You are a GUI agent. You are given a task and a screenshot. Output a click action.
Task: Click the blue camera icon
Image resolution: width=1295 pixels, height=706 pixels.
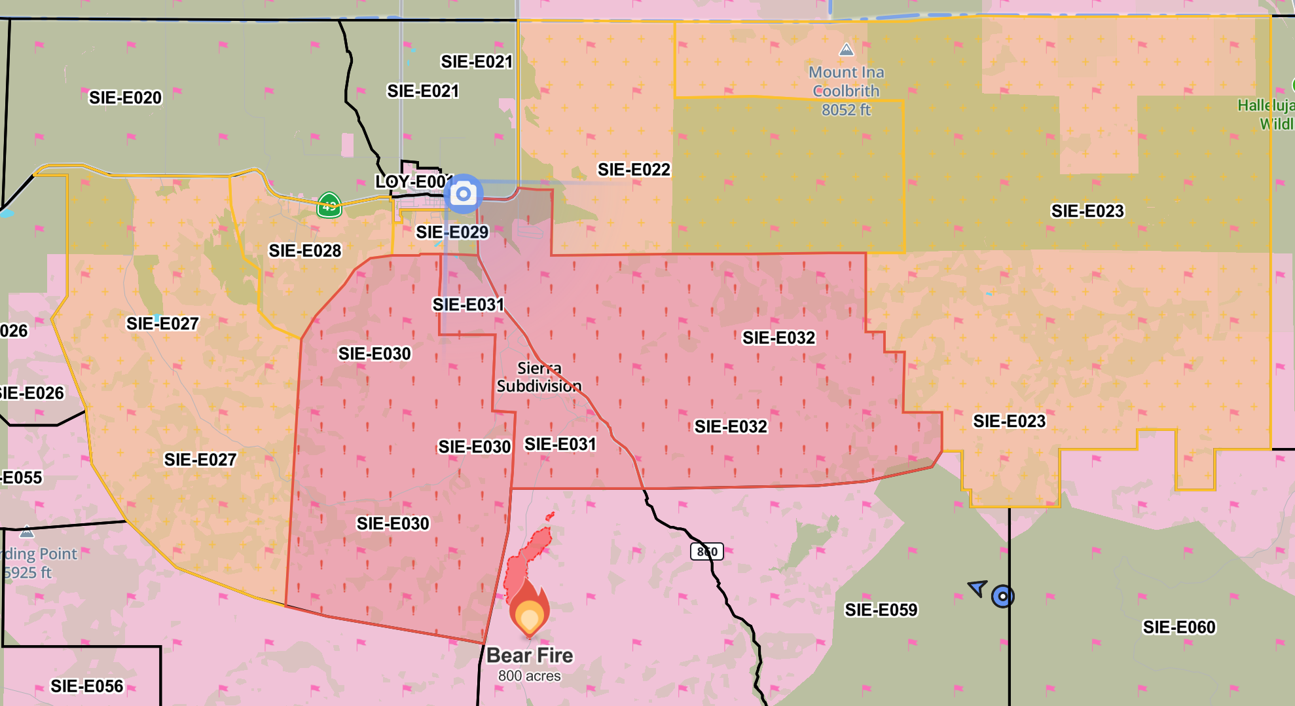464,194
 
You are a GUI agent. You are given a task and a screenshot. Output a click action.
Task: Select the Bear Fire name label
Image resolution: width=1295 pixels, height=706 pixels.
530,655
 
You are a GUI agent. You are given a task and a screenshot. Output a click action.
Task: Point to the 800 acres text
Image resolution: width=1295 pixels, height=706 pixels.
530,676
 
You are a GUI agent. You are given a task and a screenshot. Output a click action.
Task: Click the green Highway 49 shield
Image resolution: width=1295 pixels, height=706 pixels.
329,205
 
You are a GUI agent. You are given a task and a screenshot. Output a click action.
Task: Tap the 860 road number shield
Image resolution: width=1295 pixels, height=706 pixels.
707,551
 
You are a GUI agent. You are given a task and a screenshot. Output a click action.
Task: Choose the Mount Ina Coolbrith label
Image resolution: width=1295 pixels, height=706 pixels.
846,81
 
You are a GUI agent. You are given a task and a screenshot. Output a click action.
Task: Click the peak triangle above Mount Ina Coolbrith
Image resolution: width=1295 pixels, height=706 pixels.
847,50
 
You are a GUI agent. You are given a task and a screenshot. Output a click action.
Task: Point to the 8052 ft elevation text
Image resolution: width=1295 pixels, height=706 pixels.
846,110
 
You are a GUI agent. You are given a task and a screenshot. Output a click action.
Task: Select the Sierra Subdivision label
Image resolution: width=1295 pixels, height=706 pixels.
539,377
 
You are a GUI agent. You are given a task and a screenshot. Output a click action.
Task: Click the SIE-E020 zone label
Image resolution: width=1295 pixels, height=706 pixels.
125,98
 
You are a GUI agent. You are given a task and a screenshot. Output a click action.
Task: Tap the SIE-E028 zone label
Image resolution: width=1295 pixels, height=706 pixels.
305,251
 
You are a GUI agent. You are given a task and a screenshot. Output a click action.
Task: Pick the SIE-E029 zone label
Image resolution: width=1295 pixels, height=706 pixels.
452,232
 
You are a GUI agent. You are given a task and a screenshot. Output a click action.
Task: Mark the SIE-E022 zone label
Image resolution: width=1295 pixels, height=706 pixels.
634,170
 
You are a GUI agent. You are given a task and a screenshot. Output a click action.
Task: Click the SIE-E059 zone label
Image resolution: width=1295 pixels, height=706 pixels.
881,610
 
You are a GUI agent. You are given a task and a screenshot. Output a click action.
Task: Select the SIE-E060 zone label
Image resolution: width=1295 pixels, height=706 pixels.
1179,627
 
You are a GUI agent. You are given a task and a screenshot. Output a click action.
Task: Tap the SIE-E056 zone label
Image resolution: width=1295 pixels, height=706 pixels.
87,686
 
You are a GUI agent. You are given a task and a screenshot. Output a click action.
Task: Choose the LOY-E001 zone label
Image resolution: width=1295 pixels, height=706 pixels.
412,181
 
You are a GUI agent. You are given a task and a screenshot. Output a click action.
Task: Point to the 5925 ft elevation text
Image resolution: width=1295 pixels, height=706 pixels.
27,572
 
